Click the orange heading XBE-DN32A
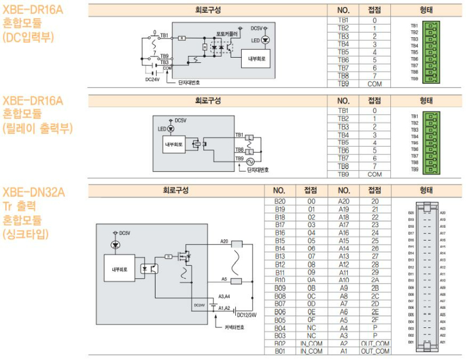click(34, 192)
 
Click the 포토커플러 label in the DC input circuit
click(227, 33)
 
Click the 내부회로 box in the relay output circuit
click(174, 144)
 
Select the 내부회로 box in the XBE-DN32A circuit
click(123, 270)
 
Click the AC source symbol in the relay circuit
click(252, 160)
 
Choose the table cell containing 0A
click(311, 280)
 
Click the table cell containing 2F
click(375, 319)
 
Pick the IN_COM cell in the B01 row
click(311, 351)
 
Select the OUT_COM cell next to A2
click(375, 344)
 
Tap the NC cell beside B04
click(311, 327)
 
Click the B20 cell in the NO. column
click(279, 201)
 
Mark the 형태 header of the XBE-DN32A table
click(426, 190)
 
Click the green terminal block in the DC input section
click(431, 52)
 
